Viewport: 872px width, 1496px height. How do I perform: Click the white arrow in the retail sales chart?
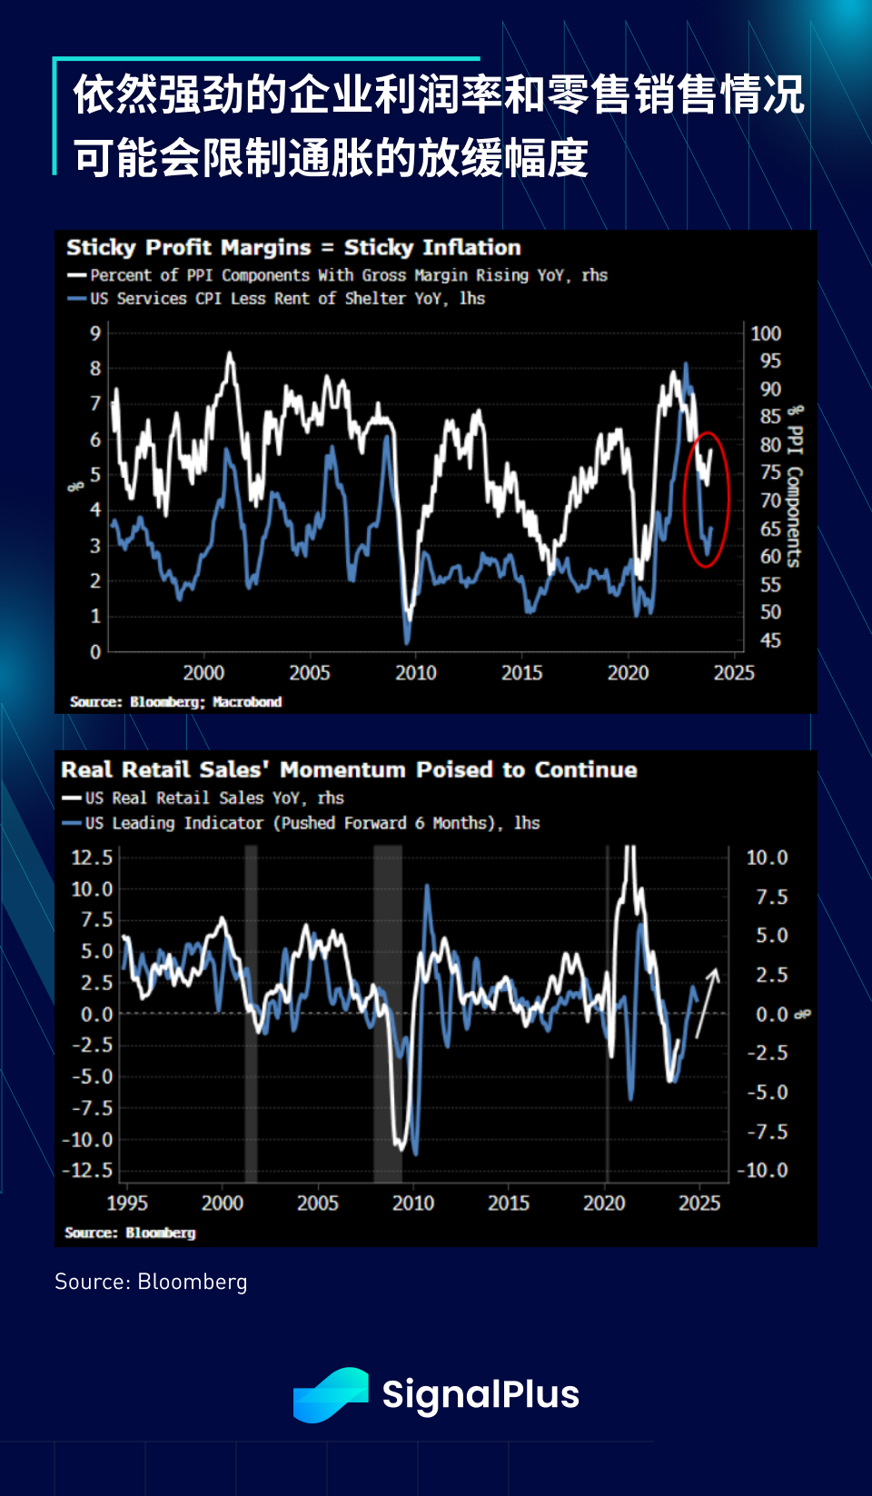tap(707, 1003)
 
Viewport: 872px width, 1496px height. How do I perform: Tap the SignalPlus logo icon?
tap(331, 1394)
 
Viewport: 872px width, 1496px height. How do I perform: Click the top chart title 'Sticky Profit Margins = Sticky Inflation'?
tap(293, 248)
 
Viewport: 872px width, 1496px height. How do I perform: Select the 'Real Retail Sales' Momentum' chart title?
tap(349, 770)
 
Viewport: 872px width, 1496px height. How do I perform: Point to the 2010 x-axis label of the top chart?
tap(415, 673)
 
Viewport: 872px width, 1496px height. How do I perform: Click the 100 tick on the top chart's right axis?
tap(766, 333)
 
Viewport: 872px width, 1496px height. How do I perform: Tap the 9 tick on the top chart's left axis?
tap(95, 333)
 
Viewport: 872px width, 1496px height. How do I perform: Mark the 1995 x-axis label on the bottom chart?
tap(127, 1204)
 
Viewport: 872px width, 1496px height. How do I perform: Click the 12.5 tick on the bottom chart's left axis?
tap(92, 857)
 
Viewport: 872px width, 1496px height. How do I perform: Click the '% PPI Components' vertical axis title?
tap(794, 487)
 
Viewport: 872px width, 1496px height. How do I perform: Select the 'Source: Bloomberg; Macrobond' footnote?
tap(175, 702)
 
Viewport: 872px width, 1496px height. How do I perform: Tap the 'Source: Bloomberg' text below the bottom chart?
tap(151, 1282)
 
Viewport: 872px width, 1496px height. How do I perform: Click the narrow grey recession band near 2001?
tap(251, 1013)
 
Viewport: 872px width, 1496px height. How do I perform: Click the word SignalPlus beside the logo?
tap(481, 1394)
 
